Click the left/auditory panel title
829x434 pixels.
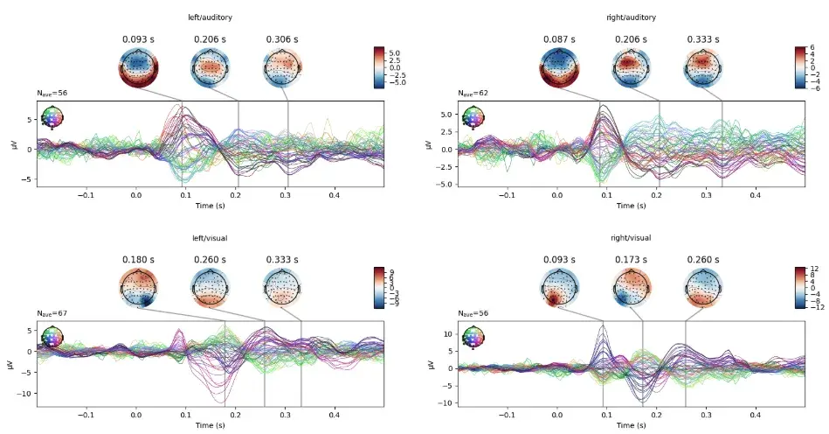point(209,17)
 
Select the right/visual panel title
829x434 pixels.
point(629,238)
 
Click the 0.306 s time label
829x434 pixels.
point(281,39)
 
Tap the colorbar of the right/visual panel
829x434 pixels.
point(798,287)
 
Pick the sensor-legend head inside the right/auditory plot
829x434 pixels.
point(473,115)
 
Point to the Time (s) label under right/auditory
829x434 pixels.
point(629,206)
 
